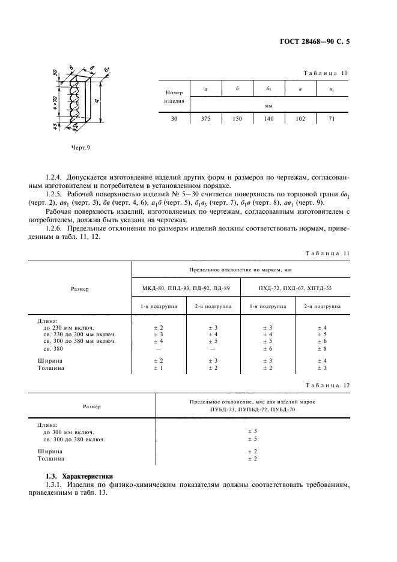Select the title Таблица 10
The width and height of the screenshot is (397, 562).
(x=326, y=73)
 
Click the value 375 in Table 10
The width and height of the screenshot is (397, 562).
(x=206, y=119)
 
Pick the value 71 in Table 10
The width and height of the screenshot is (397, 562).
(x=332, y=119)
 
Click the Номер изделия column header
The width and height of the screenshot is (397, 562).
(x=174, y=97)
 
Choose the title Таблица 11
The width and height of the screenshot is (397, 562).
(x=326, y=253)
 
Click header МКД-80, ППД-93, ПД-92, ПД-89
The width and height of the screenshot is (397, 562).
(x=186, y=289)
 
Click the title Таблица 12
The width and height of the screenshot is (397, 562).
(x=326, y=384)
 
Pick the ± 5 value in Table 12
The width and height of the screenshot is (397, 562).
(x=252, y=439)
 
